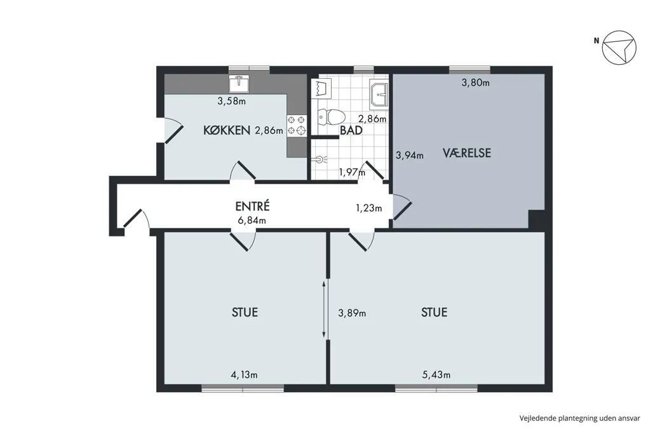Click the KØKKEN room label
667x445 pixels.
[226, 130]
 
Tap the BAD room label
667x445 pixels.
[351, 130]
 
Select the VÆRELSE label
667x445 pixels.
[467, 153]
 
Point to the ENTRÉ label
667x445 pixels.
[252, 206]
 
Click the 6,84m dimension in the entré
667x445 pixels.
[252, 220]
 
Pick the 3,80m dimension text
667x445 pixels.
[476, 83]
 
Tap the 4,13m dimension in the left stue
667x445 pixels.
[244, 374]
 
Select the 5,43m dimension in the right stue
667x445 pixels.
[436, 374]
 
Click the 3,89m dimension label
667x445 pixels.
[352, 313]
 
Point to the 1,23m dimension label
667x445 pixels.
[369, 208]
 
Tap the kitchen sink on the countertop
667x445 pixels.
[239, 83]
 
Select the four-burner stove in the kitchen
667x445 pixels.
[297, 126]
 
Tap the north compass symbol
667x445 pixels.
[619, 47]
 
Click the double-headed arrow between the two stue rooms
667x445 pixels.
[324, 310]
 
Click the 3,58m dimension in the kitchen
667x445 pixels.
[231, 101]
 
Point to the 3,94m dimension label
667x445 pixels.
[410, 155]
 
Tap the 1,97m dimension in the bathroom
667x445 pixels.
[352, 172]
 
